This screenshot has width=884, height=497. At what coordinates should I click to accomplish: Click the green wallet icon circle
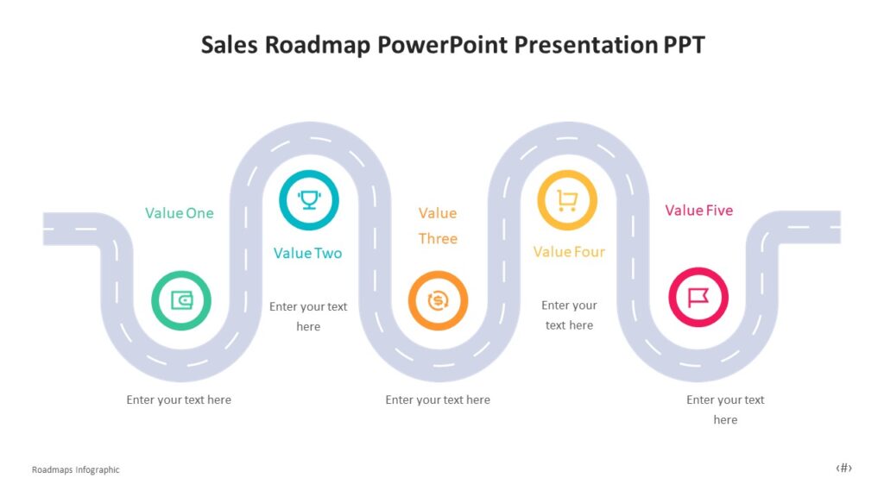coord(181,300)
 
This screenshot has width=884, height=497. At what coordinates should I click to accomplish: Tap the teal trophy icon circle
coord(308,200)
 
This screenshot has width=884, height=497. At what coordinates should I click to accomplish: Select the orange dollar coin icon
coord(438,300)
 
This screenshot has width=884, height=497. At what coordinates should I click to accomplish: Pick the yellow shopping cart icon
coord(567,200)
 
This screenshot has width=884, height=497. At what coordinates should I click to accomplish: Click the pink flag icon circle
coord(698,298)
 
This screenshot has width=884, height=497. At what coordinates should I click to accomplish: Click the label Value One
coord(179,213)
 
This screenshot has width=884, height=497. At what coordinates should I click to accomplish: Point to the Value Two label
coord(307,253)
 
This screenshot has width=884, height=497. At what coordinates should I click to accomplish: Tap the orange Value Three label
coord(438,225)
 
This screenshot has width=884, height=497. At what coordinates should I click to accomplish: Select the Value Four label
coord(569,252)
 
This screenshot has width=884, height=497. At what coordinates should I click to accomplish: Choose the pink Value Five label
coord(698,211)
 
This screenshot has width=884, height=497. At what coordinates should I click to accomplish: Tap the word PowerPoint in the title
coord(443,45)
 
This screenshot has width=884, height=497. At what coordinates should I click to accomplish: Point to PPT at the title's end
coord(684,45)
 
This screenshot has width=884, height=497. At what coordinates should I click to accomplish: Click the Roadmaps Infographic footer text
coord(76,469)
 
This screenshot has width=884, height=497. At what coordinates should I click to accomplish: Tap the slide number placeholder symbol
coord(843,468)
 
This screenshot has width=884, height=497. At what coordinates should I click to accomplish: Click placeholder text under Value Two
coord(308,316)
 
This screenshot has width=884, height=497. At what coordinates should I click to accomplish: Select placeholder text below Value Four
coord(569,315)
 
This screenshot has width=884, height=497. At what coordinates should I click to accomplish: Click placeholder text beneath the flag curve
coord(725,409)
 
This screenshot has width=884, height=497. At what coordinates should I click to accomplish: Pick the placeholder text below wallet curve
coord(179,399)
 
